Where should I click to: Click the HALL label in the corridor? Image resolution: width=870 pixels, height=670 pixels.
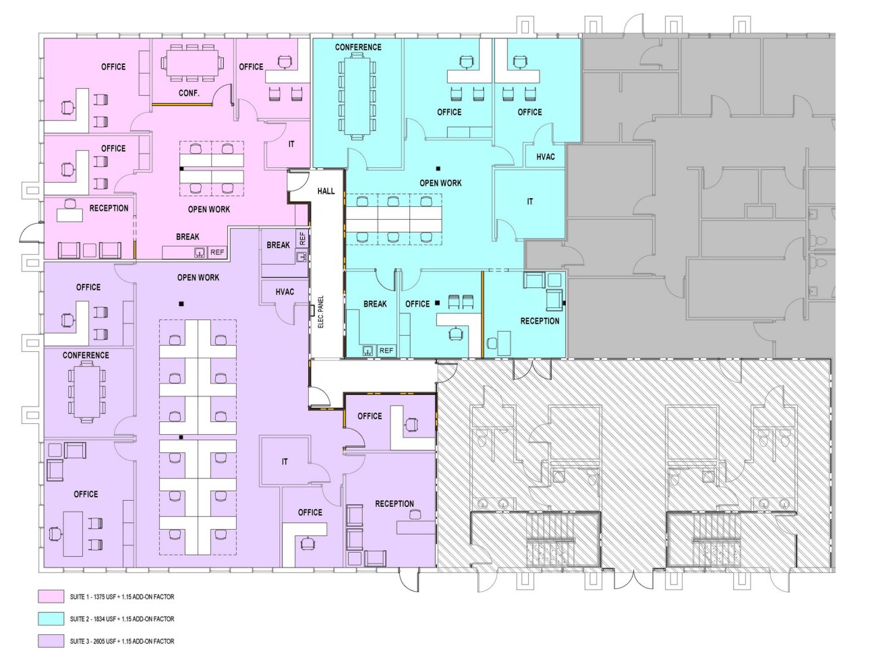(326, 191)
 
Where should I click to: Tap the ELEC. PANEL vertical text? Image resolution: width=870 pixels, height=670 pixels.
(321, 312)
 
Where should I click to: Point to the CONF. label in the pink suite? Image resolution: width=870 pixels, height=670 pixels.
(189, 93)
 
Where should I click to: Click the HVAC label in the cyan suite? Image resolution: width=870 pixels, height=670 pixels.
(546, 157)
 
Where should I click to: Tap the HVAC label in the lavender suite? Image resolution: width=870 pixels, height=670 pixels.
(285, 292)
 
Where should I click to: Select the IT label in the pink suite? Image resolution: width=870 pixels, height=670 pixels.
(291, 144)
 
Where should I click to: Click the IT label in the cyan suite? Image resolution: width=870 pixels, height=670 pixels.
(530, 202)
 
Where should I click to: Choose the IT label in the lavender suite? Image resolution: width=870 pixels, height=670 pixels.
(285, 462)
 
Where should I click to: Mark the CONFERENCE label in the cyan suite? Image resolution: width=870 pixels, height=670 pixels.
(358, 47)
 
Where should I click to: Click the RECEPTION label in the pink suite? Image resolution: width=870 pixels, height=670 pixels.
(109, 208)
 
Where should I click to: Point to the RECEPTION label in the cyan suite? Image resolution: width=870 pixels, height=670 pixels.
(540, 321)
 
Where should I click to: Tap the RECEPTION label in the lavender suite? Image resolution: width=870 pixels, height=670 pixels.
(395, 504)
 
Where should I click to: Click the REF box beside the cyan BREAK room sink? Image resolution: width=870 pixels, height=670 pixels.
(386, 351)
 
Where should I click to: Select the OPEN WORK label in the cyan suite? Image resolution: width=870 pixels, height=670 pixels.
(440, 183)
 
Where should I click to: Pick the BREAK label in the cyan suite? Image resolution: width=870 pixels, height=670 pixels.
(375, 304)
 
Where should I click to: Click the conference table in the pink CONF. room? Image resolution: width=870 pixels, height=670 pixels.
(192, 63)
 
